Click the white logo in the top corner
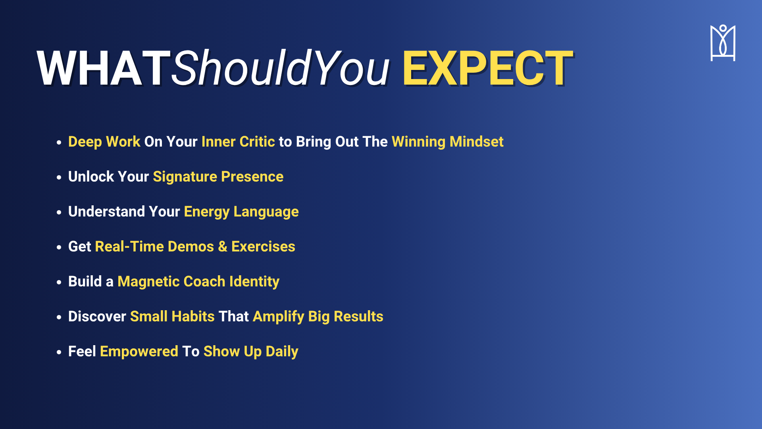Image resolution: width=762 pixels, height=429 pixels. click(x=723, y=43)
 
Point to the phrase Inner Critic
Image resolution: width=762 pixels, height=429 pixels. click(x=238, y=142)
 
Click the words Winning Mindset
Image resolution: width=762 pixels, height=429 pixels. click(x=447, y=142)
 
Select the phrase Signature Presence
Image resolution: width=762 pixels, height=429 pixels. click(x=218, y=177)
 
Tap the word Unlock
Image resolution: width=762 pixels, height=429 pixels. click(x=91, y=177)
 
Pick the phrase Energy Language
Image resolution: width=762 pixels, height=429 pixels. click(x=241, y=212)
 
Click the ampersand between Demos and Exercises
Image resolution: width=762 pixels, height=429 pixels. click(x=223, y=247)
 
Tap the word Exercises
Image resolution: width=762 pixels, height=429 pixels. click(x=263, y=247)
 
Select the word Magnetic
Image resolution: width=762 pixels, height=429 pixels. click(x=149, y=282)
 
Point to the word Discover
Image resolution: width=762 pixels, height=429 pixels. click(x=97, y=317)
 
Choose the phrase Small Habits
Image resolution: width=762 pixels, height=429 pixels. click(x=172, y=317)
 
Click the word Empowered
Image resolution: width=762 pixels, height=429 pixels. click(x=139, y=352)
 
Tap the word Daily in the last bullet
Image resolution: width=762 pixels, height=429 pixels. click(x=282, y=352)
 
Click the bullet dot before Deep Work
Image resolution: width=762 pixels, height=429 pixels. click(x=59, y=142)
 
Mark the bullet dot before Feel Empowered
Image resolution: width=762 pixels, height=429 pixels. click(x=59, y=352)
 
